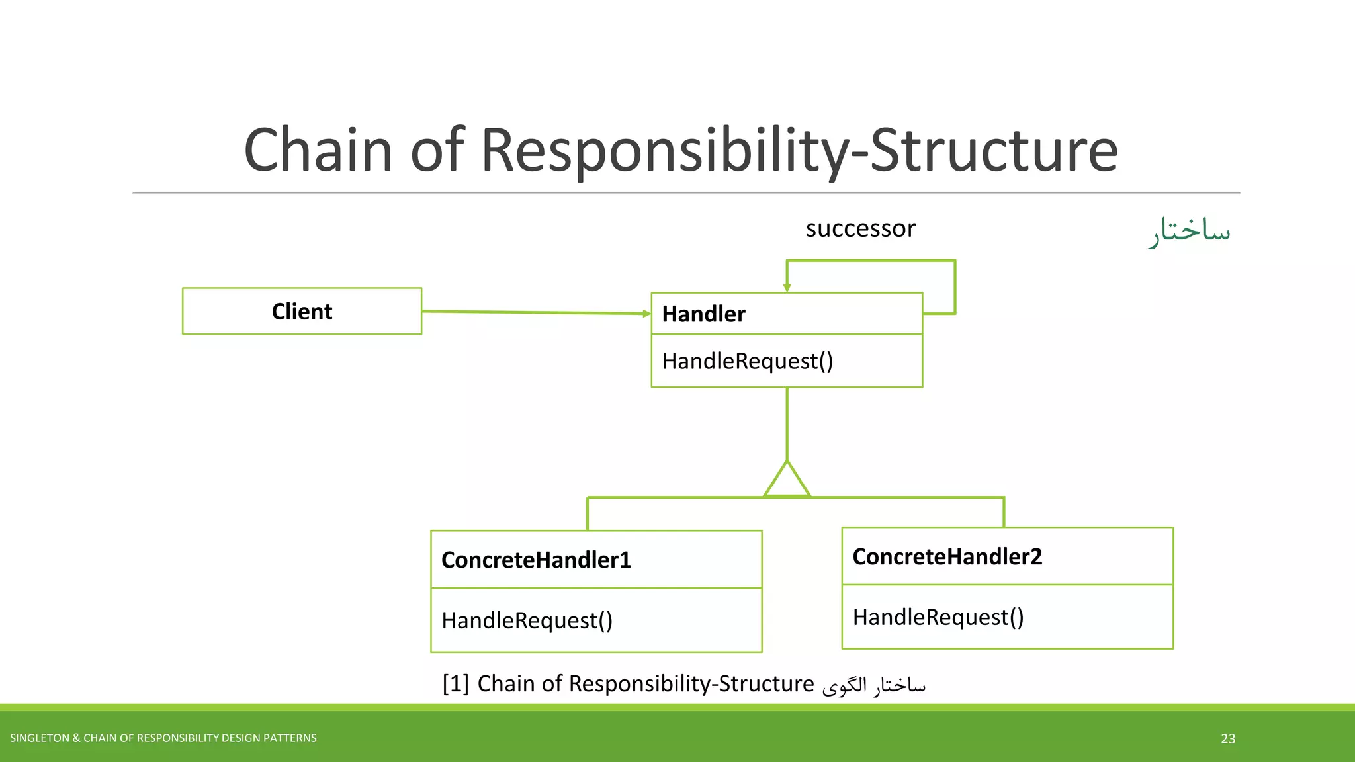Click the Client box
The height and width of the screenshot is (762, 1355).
(302, 311)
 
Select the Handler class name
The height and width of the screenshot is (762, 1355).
(703, 314)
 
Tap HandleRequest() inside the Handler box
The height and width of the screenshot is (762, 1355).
(748, 361)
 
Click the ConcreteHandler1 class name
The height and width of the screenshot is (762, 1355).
(536, 560)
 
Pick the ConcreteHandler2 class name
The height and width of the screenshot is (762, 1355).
(947, 556)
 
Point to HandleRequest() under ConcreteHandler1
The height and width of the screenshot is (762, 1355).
(527, 620)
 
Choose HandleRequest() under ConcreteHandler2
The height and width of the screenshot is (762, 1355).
(938, 617)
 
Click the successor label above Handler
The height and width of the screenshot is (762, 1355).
(860, 228)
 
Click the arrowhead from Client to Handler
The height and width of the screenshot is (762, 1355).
(646, 314)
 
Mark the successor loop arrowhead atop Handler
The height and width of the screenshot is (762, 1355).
(787, 287)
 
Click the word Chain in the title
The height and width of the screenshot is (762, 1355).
(318, 150)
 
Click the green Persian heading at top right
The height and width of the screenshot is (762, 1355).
(1189, 231)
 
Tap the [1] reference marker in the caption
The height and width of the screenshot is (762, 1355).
(455, 683)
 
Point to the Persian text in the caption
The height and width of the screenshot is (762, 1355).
(873, 685)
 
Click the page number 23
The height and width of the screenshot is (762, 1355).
(1228, 738)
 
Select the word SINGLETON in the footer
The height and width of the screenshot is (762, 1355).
(39, 738)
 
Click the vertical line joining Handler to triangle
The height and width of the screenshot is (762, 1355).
(787, 423)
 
